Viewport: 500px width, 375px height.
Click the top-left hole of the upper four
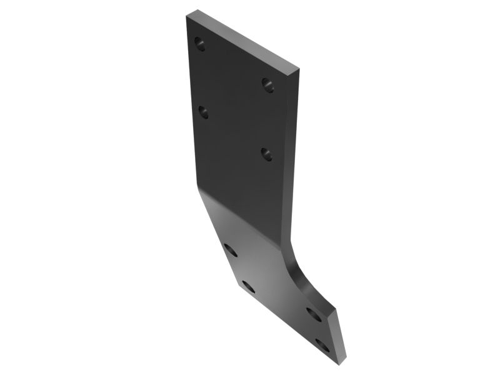(199, 44)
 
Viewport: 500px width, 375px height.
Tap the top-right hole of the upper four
(268, 83)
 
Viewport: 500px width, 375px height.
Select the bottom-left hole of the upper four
(203, 111)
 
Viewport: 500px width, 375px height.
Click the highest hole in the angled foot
(231, 250)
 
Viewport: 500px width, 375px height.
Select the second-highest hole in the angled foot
(248, 287)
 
